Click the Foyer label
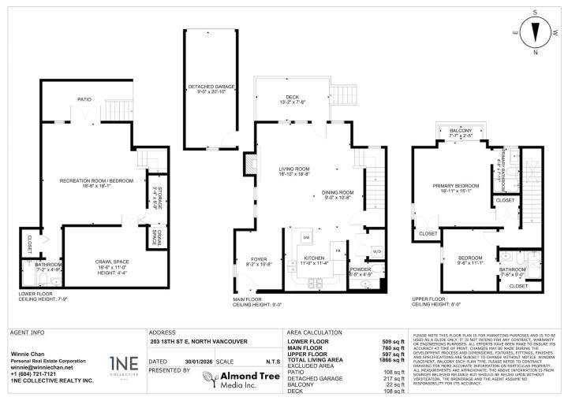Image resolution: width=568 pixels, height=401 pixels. pos(260,261)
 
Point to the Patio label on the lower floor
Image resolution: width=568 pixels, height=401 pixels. pos(84,100)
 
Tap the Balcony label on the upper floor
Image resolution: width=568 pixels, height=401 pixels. pos(460,132)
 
